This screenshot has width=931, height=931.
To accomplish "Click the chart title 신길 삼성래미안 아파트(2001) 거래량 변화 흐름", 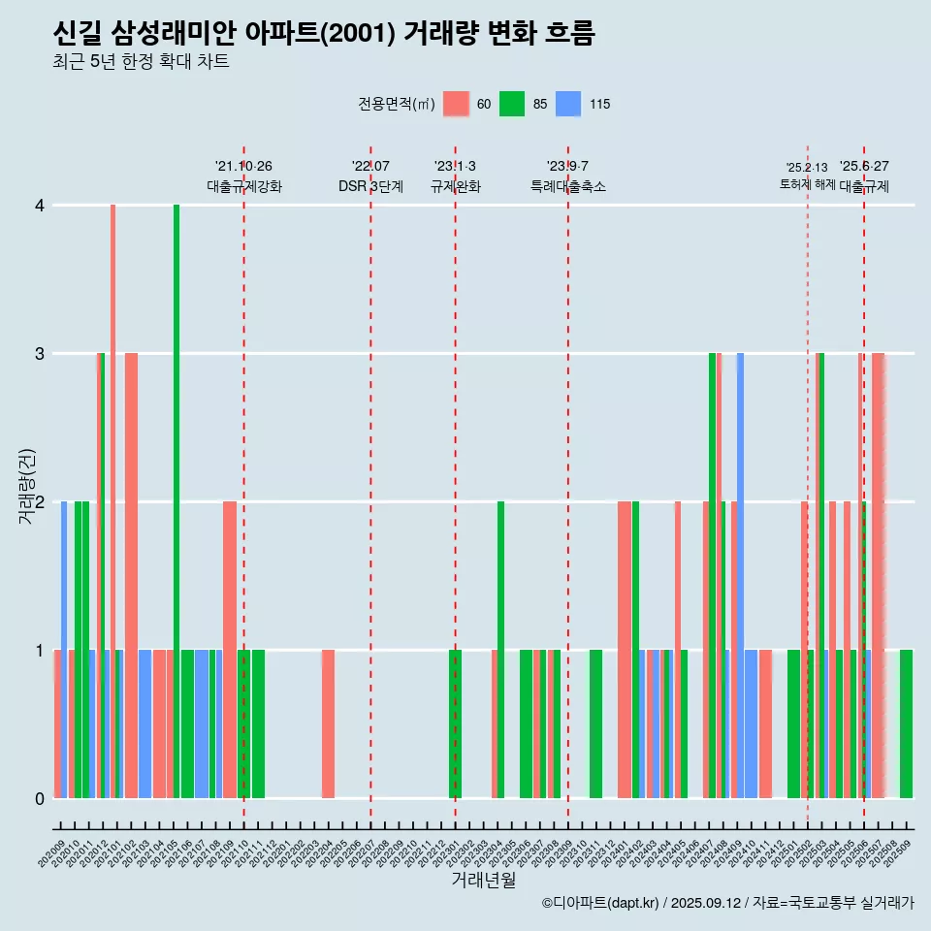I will pyautogui.click(x=324, y=33).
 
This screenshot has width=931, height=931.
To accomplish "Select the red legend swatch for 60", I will pyautogui.click(x=455, y=104).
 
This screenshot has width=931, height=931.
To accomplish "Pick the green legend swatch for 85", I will pyautogui.click(x=511, y=104).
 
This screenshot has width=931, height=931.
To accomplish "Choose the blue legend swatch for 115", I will pyautogui.click(x=567, y=104).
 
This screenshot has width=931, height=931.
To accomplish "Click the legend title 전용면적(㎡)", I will pyautogui.click(x=396, y=104).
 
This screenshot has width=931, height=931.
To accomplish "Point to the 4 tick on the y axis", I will pyautogui.click(x=40, y=206).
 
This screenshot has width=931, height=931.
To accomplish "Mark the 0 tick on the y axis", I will pyautogui.click(x=40, y=798).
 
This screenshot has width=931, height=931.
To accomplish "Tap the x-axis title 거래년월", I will pyautogui.click(x=483, y=880).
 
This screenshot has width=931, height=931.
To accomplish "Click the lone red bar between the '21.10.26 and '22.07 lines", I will pyautogui.click(x=328, y=723).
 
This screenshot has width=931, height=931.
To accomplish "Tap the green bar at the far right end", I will pyautogui.click(x=906, y=723).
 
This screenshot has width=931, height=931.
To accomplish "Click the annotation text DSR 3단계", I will pyautogui.click(x=370, y=186).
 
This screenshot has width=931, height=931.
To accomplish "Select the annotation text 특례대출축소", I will pyautogui.click(x=567, y=186).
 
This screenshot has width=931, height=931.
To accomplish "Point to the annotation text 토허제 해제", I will pyautogui.click(x=807, y=184).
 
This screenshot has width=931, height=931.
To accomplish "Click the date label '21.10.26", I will pyautogui.click(x=243, y=166).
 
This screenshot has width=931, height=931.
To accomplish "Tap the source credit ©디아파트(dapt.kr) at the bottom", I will pyautogui.click(x=601, y=903).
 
